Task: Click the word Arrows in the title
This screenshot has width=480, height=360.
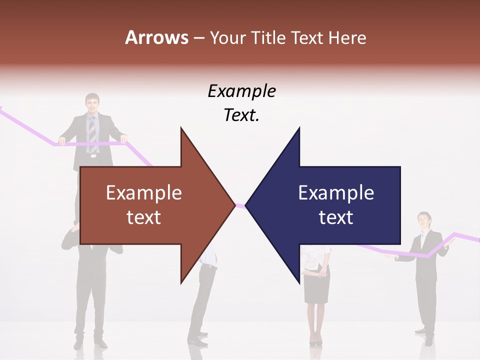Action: [156, 37]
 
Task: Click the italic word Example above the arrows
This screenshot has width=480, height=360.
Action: [241, 91]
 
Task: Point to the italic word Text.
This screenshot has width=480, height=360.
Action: [241, 115]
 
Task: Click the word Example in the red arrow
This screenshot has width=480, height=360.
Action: [144, 193]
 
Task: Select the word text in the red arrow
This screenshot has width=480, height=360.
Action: [144, 217]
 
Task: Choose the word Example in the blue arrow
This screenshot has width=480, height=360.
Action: [336, 193]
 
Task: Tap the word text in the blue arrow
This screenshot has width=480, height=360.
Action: [336, 217]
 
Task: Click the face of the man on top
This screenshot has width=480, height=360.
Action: [92, 104]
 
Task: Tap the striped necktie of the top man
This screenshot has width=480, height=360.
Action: [92, 133]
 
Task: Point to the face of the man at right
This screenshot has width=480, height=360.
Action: [423, 220]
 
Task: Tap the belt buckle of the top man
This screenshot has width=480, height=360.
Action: [92, 156]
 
